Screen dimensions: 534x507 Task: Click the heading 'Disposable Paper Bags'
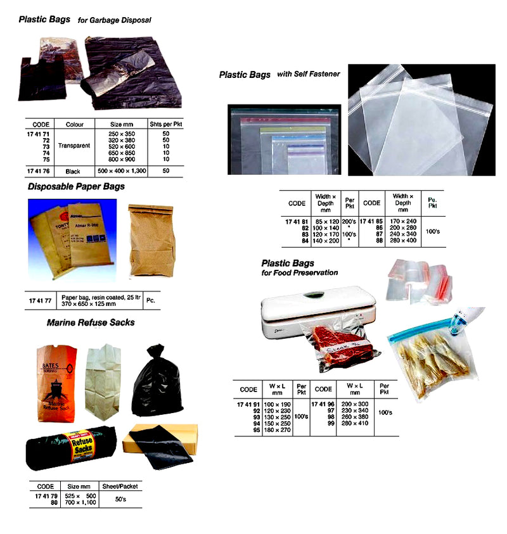pyautogui.click(x=76, y=187)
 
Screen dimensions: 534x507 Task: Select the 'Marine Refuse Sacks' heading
pyautogui.click(x=91, y=322)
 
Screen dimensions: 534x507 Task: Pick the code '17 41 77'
pyautogui.click(x=39, y=300)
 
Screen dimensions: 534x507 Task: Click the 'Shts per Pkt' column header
pyautogui.click(x=165, y=124)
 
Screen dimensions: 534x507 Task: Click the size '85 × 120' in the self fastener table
pyautogui.click(x=328, y=221)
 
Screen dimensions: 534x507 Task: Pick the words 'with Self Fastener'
pyautogui.click(x=309, y=74)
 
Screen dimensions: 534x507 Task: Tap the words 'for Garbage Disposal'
pyautogui.click(x=115, y=20)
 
